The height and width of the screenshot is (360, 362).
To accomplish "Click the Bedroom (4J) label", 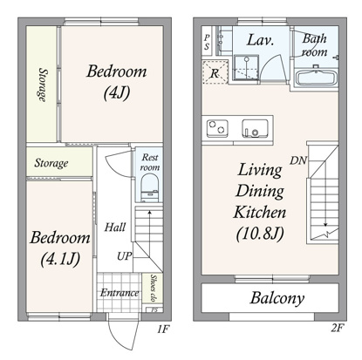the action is coord(117,83).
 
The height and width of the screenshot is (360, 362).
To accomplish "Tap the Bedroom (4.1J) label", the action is coord(60,248).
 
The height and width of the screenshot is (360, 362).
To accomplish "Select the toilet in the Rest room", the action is coord(150,188).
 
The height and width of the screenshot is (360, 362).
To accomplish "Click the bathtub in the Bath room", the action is coord(317,77).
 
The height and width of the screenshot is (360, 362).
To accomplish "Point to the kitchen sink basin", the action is coord(255,128).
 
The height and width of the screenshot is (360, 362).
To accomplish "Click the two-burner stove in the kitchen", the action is coord(217,128).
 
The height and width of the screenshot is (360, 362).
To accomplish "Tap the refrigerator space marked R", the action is coord(215,72).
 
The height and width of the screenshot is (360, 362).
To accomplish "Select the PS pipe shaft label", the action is coord(207,42).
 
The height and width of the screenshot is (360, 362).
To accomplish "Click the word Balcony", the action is coord(277,298).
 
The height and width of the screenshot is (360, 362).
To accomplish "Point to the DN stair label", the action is coord(298,160).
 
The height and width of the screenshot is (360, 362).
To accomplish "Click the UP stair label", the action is coord(124,256).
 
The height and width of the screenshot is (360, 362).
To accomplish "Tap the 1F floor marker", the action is coord(163,329).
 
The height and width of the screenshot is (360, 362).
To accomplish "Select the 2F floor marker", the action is coord(338,328).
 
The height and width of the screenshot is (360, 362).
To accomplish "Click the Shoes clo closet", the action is coord(153,288).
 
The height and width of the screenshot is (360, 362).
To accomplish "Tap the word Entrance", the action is coord(120,293).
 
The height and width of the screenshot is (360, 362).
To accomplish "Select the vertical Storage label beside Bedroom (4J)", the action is coord(43,85).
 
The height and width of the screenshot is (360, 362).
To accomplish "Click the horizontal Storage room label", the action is coord(51,163).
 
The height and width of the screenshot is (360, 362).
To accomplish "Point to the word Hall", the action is coord(115,228).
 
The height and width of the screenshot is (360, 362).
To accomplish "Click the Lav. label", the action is coord(260,40).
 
